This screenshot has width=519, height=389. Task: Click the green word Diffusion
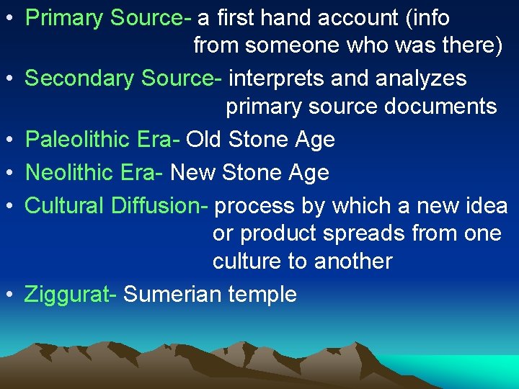(159, 206)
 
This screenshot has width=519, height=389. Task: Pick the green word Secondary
(80, 79)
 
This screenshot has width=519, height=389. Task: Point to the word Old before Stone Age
(204, 140)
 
